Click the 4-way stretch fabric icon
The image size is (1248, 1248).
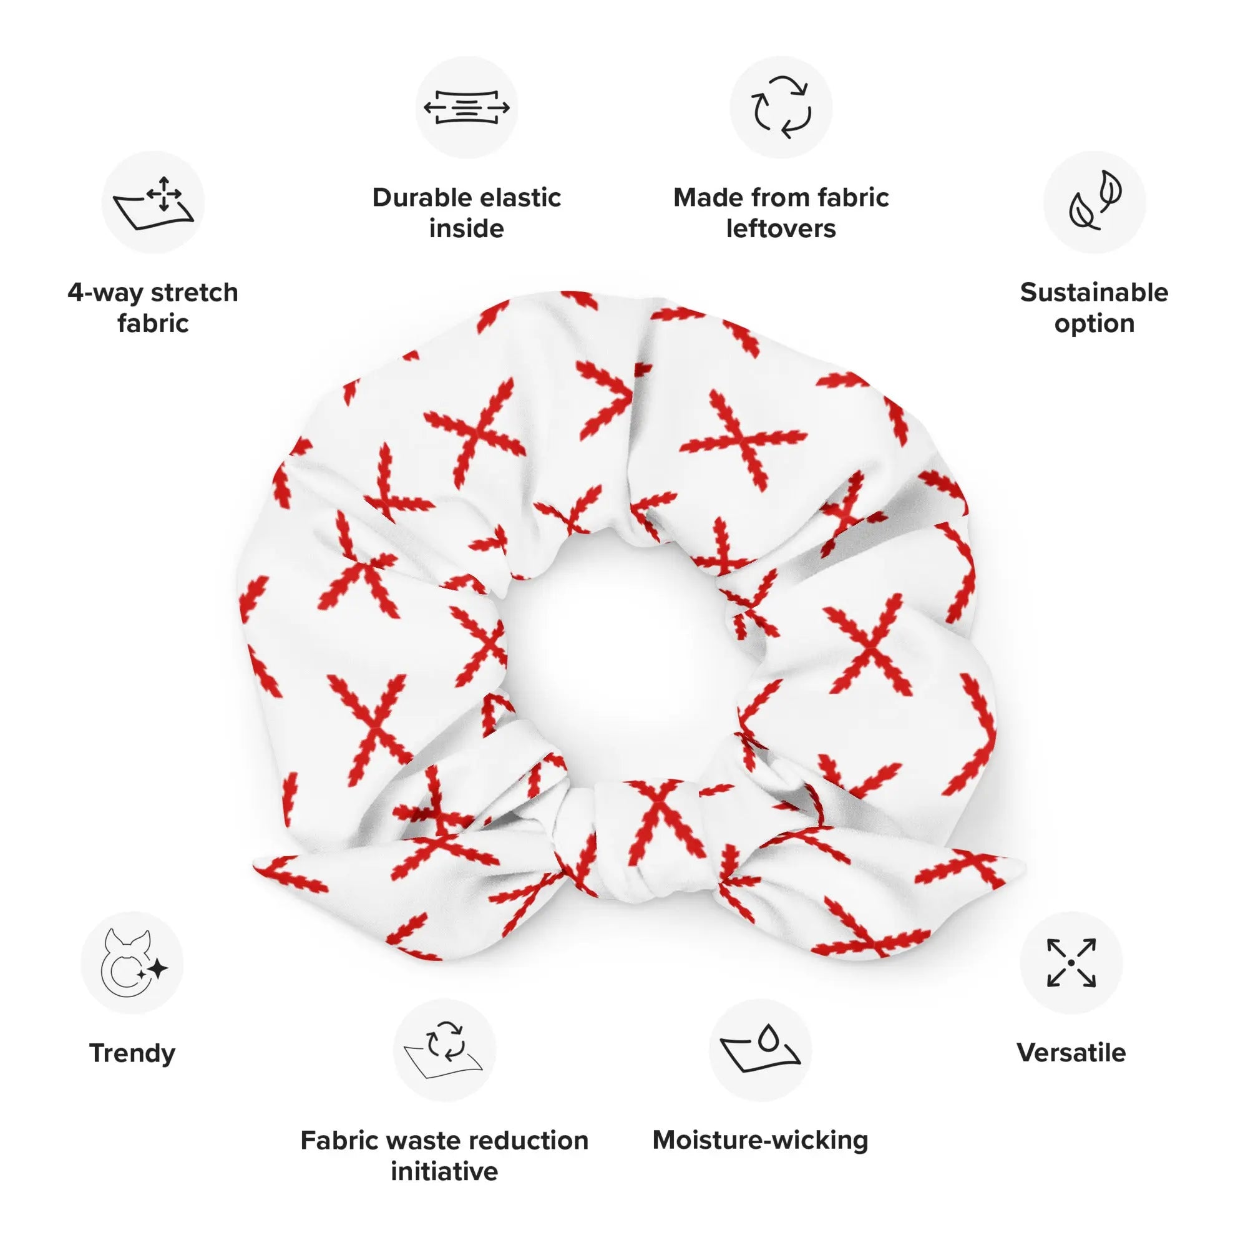(x=153, y=202)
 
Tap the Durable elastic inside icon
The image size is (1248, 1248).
(x=466, y=107)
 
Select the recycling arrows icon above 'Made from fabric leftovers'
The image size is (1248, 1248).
(x=781, y=107)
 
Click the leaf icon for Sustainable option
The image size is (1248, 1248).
(x=1094, y=202)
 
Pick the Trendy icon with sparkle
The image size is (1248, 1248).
(x=132, y=962)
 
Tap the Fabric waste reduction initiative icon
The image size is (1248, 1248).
(x=444, y=1050)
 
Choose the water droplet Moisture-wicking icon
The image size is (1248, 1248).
(x=760, y=1050)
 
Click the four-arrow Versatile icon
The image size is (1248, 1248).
(x=1071, y=962)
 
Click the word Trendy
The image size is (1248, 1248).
(x=132, y=1053)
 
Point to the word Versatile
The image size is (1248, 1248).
(x=1071, y=1052)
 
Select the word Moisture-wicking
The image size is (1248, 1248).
(x=760, y=1140)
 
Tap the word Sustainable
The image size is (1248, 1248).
(x=1094, y=292)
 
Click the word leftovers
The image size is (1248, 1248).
(x=781, y=228)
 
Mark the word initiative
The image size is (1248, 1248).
(x=444, y=1171)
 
